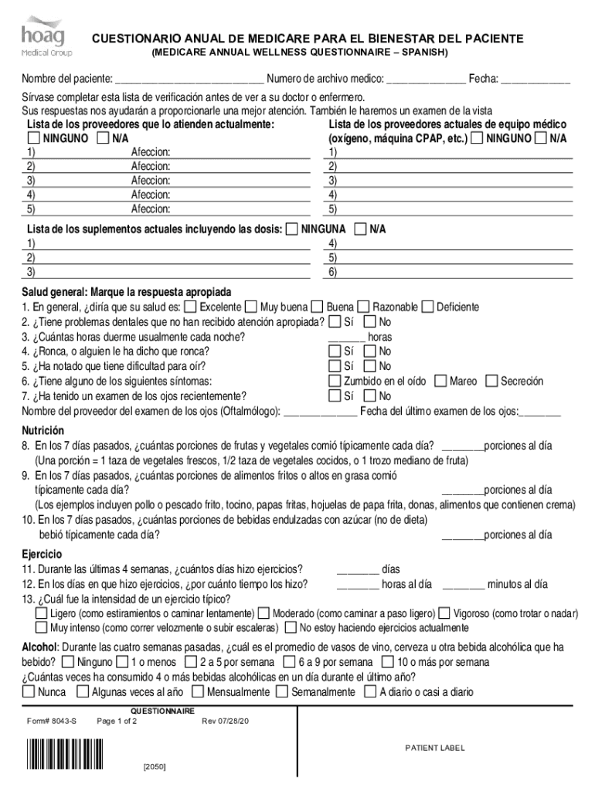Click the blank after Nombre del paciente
(x=189, y=79)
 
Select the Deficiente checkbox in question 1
(x=428, y=307)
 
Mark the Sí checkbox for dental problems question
(x=334, y=321)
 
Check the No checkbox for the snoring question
(x=369, y=351)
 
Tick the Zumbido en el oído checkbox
(x=334, y=381)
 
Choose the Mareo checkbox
(x=440, y=381)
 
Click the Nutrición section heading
(x=42, y=430)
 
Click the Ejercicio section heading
(x=42, y=554)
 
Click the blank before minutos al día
(x=464, y=585)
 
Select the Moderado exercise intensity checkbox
(x=264, y=613)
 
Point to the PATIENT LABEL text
(x=435, y=749)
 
